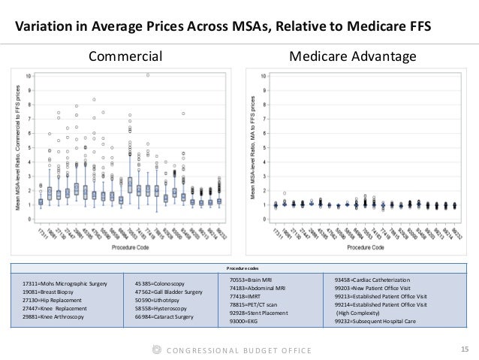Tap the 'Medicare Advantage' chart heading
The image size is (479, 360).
click(x=352, y=57)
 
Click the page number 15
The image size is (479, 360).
click(x=462, y=349)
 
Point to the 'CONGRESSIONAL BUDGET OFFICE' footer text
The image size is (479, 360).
click(x=240, y=350)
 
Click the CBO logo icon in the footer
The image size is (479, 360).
click(x=155, y=350)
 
